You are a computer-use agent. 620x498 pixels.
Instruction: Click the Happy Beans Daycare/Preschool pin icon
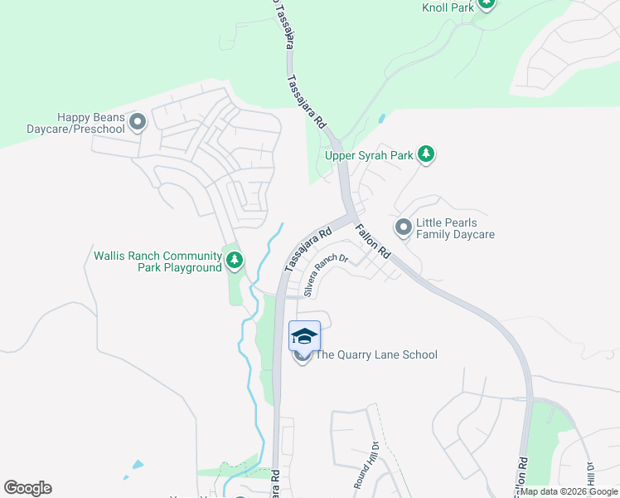click(138, 123)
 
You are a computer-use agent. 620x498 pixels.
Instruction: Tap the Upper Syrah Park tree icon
click(426, 154)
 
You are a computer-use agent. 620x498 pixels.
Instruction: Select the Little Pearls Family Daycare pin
click(404, 227)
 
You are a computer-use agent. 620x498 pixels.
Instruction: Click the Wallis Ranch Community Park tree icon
click(235, 261)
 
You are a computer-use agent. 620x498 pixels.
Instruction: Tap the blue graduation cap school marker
click(304, 335)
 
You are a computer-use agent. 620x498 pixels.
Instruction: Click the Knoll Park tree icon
click(487, 3)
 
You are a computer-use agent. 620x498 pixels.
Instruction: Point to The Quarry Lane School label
click(375, 355)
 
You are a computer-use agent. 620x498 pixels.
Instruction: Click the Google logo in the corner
click(27, 488)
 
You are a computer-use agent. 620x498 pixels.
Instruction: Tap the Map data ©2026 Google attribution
click(569, 491)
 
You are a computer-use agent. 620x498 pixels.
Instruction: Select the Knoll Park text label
click(447, 7)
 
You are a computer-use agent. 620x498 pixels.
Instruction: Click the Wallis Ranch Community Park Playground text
click(157, 261)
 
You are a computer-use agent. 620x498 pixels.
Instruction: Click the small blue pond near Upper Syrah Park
click(380, 119)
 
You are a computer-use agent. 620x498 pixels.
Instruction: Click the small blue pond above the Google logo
click(137, 466)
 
